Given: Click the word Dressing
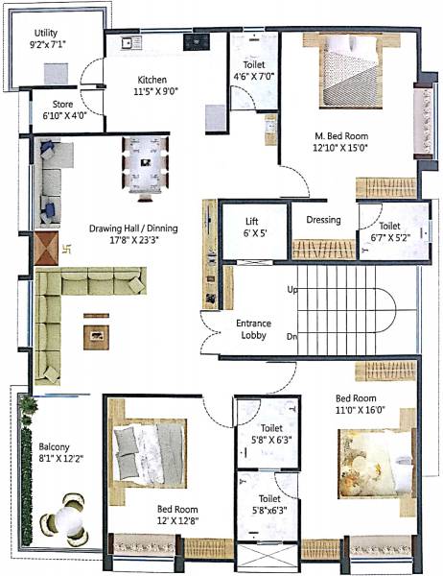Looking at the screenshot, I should (x=323, y=220).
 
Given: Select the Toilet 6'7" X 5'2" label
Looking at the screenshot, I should (x=385, y=230).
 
